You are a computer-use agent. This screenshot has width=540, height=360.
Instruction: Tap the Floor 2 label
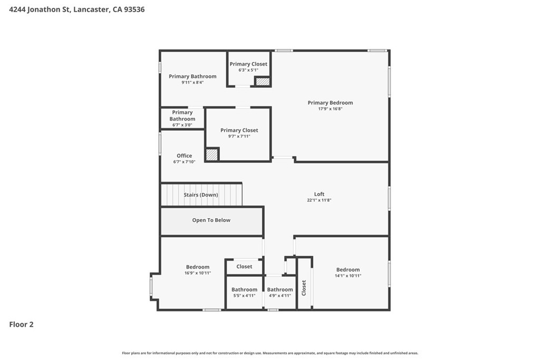pyautogui.click(x=21, y=325)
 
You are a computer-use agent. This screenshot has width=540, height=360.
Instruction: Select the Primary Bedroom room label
pyautogui.click(x=330, y=103)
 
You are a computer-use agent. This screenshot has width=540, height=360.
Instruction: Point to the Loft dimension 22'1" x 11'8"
pyautogui.click(x=319, y=200)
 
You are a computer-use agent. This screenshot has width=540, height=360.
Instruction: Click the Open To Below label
pyautogui.click(x=211, y=220)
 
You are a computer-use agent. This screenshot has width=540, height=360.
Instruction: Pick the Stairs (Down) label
pyautogui.click(x=201, y=195)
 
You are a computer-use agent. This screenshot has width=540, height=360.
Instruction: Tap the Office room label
pyautogui.click(x=184, y=155)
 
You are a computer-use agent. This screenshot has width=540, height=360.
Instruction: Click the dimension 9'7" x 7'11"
pyautogui.click(x=239, y=137)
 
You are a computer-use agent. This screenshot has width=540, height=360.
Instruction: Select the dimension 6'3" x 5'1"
pyautogui.click(x=248, y=70)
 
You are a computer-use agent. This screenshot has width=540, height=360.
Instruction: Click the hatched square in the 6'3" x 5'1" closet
pyautogui.click(x=262, y=82)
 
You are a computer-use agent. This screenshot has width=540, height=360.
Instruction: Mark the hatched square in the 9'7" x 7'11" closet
pyautogui.click(x=212, y=154)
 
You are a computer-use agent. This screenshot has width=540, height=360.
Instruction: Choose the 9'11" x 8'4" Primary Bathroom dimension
pyautogui.click(x=192, y=83)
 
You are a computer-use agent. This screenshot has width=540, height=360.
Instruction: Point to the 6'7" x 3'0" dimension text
pyautogui.click(x=182, y=125)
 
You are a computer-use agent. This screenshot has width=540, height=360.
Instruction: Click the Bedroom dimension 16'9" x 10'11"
pyautogui.click(x=198, y=273)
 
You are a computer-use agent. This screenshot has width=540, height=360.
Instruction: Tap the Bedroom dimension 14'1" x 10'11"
pyautogui.click(x=348, y=276)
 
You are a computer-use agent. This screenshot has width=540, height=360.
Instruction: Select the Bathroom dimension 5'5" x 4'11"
pyautogui.click(x=244, y=296)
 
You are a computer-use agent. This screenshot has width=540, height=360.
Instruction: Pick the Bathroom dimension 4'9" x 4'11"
pyautogui.click(x=280, y=296)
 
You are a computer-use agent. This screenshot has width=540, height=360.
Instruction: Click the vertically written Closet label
pyautogui.click(x=304, y=288)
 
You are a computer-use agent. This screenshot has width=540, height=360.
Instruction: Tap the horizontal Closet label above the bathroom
pyautogui.click(x=244, y=266)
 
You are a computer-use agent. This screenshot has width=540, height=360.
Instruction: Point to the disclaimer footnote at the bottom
pyautogui.click(x=270, y=353)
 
